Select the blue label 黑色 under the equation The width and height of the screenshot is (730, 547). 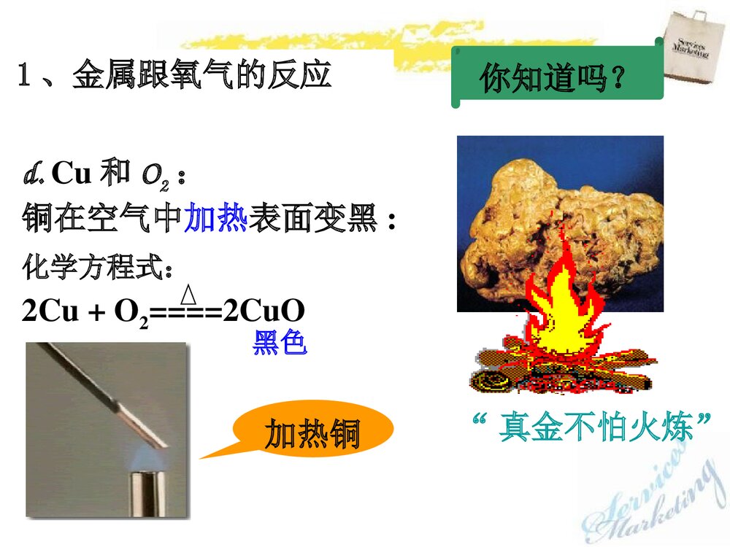tap(280, 343)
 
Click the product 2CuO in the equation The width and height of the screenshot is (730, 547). tap(264, 311)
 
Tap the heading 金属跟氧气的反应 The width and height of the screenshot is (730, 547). tap(201, 77)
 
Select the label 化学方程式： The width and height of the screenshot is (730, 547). tap(98, 268)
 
